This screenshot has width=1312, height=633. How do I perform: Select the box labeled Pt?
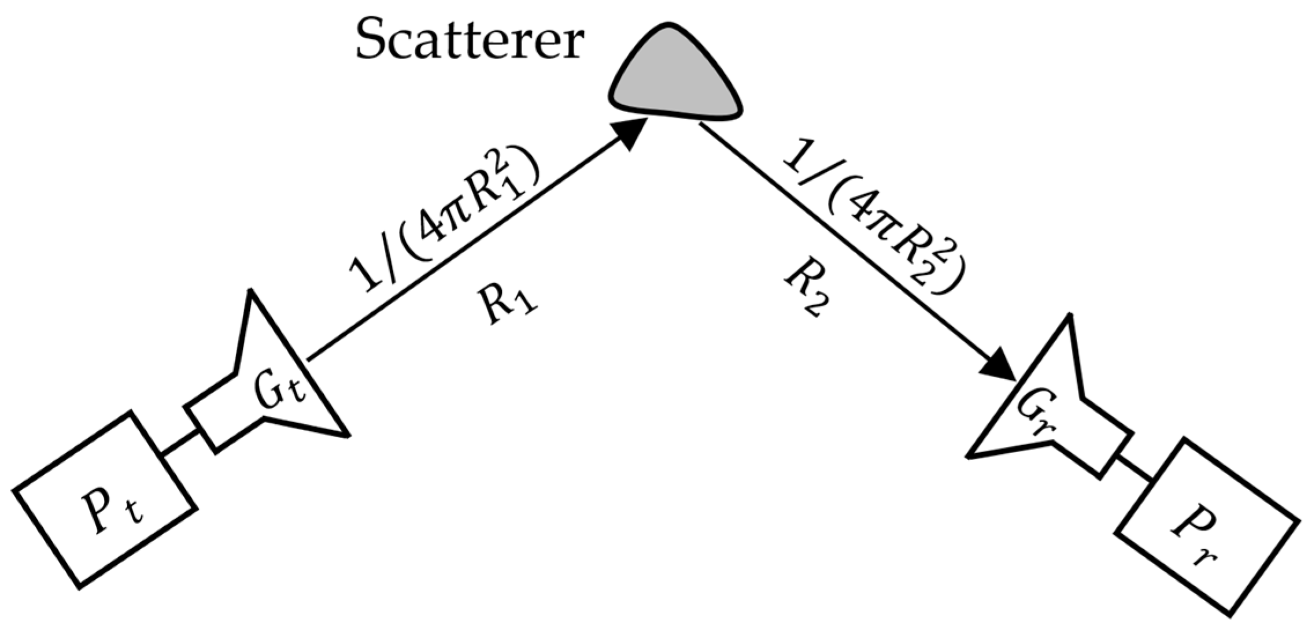105,499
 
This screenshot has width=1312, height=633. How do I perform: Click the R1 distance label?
508,307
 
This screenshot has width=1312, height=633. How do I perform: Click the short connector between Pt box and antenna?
180,444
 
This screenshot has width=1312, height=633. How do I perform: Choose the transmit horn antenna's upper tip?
250,292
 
